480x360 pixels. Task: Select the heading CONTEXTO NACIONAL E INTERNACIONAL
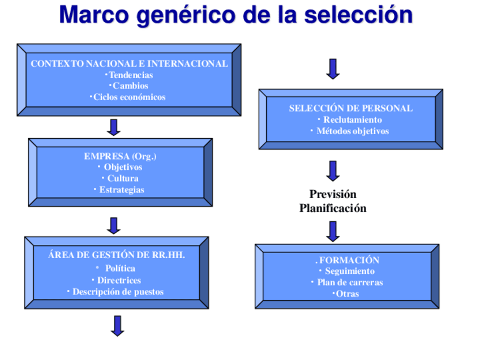tap(129, 64)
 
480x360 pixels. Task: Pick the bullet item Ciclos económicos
tap(129, 97)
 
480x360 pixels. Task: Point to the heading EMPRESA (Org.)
tap(120, 156)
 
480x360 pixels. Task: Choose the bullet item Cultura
tap(123, 178)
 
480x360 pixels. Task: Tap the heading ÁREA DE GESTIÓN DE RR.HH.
tap(117, 255)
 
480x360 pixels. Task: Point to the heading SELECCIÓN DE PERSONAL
tap(351, 108)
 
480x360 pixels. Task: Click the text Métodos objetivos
tap(352, 131)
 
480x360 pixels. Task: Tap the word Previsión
tap(333, 195)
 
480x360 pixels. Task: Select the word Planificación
tap(333, 208)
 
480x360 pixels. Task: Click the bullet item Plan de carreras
tap(349, 282)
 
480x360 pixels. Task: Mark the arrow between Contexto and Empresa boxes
tap(114, 127)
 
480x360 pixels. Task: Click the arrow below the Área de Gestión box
tap(117, 325)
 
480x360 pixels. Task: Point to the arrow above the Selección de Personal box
tap(333, 69)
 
